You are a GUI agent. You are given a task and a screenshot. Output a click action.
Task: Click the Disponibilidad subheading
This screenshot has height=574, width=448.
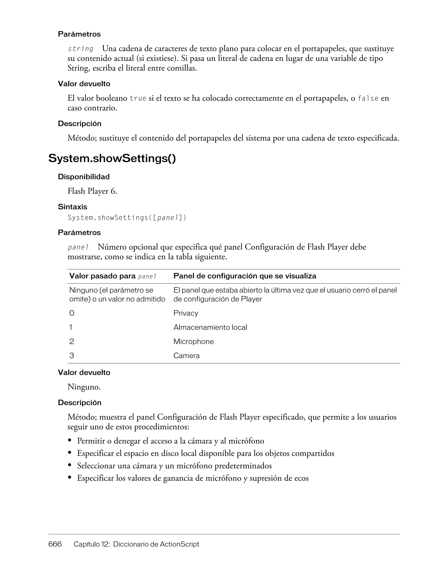[84, 177]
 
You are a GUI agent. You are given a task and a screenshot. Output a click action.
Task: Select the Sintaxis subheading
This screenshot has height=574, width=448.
[72, 207]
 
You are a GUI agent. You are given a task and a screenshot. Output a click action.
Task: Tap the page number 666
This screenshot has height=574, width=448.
[55, 544]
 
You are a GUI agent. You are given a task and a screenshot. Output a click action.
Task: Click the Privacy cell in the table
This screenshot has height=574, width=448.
[185, 313]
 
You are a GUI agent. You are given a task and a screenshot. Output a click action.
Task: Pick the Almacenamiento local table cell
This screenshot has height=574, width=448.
[210, 327]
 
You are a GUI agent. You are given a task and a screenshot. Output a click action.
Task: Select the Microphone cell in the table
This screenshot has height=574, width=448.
[193, 342]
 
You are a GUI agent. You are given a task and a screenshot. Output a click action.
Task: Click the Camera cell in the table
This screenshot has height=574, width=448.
[186, 356]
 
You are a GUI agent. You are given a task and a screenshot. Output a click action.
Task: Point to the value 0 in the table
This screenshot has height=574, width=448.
[72, 313]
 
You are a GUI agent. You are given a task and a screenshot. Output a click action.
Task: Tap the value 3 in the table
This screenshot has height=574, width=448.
[72, 356]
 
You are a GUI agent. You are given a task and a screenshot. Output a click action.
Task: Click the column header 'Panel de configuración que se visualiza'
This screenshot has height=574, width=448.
[245, 276]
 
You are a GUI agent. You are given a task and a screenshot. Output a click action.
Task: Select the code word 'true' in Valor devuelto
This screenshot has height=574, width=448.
[138, 99]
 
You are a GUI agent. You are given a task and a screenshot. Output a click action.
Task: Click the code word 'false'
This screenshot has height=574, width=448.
[368, 99]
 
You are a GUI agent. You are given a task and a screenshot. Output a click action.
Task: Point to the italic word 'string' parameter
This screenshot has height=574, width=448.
[80, 49]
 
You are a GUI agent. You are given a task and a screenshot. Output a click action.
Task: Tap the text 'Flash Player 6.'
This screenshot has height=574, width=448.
[92, 191]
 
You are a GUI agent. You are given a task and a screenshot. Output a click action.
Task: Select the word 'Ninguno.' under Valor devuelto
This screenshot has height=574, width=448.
[84, 387]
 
